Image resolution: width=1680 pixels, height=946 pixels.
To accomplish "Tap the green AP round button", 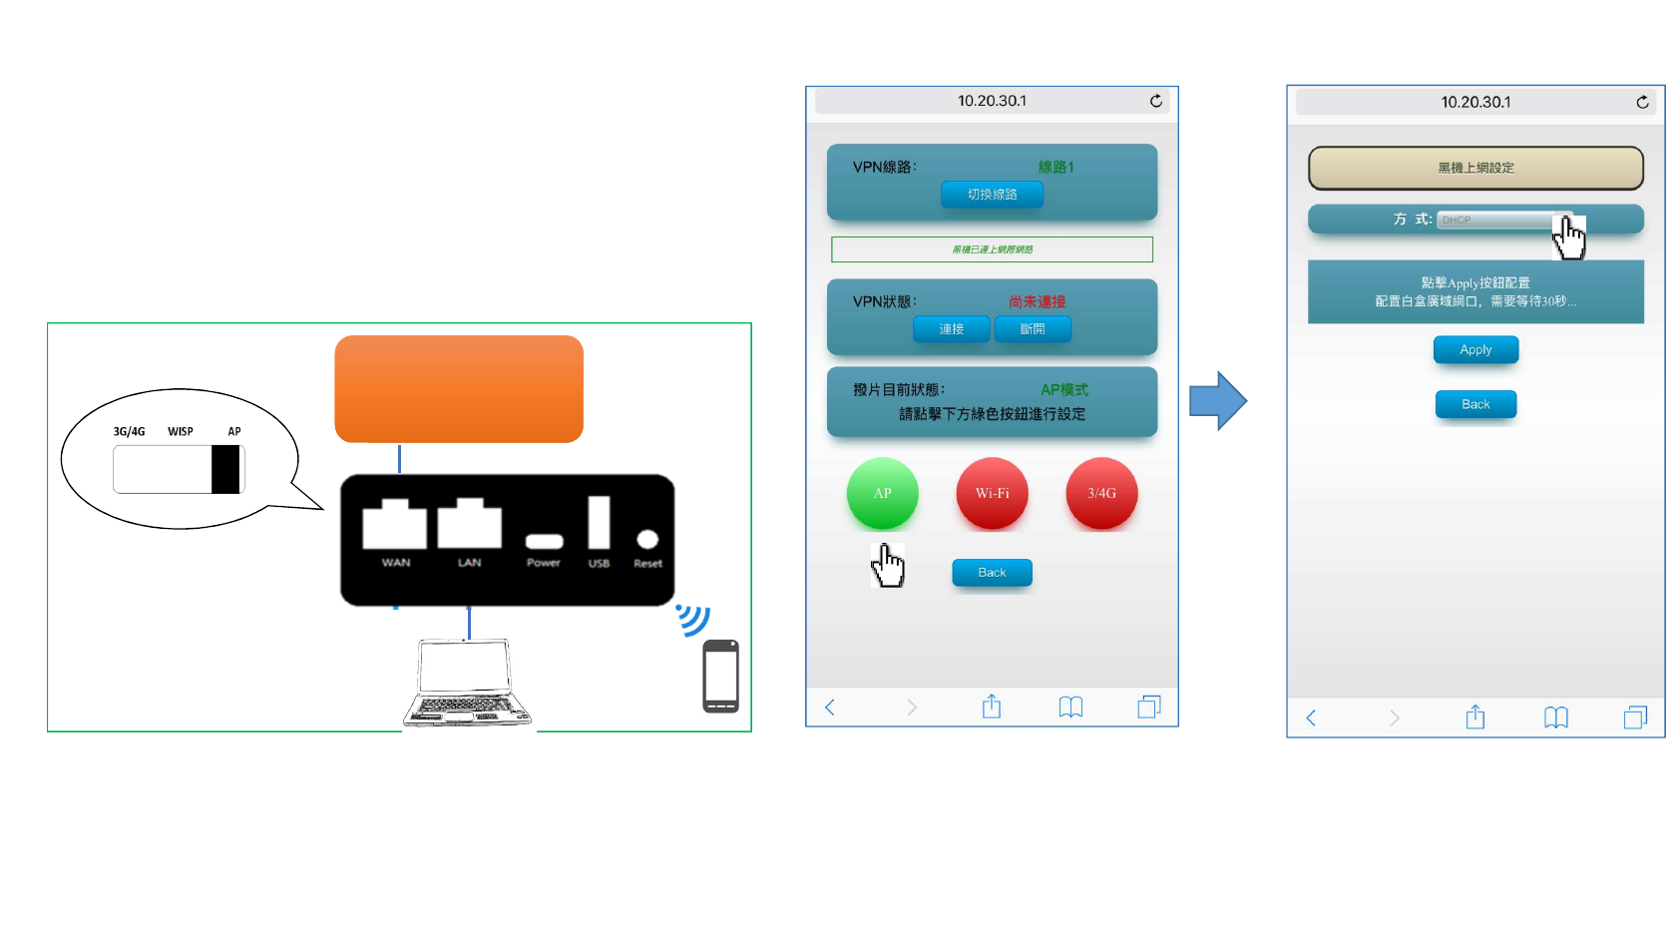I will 882,493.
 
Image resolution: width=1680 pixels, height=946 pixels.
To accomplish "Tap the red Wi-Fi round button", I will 992,493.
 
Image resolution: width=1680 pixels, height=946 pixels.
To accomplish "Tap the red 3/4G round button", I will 1101,493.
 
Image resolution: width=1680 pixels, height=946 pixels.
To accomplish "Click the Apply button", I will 1475,349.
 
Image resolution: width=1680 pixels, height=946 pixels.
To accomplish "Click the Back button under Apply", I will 1475,404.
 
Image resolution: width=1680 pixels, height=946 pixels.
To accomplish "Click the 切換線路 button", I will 992,194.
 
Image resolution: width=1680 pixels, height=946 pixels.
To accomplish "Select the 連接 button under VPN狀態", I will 951,328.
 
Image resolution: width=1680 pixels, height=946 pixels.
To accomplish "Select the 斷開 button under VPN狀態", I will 1033,328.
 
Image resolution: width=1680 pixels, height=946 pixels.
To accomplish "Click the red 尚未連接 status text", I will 1037,301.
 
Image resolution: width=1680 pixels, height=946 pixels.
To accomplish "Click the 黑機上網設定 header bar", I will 1475,168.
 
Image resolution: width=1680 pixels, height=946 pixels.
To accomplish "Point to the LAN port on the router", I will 469,524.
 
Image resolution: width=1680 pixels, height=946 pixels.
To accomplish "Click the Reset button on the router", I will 647,540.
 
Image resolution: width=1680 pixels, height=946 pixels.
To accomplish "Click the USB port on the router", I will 599,523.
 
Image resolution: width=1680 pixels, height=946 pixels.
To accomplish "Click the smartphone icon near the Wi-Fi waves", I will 720,676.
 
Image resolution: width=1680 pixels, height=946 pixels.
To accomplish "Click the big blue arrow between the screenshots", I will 1217,401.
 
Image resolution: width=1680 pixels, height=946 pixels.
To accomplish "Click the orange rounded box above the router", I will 459,388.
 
